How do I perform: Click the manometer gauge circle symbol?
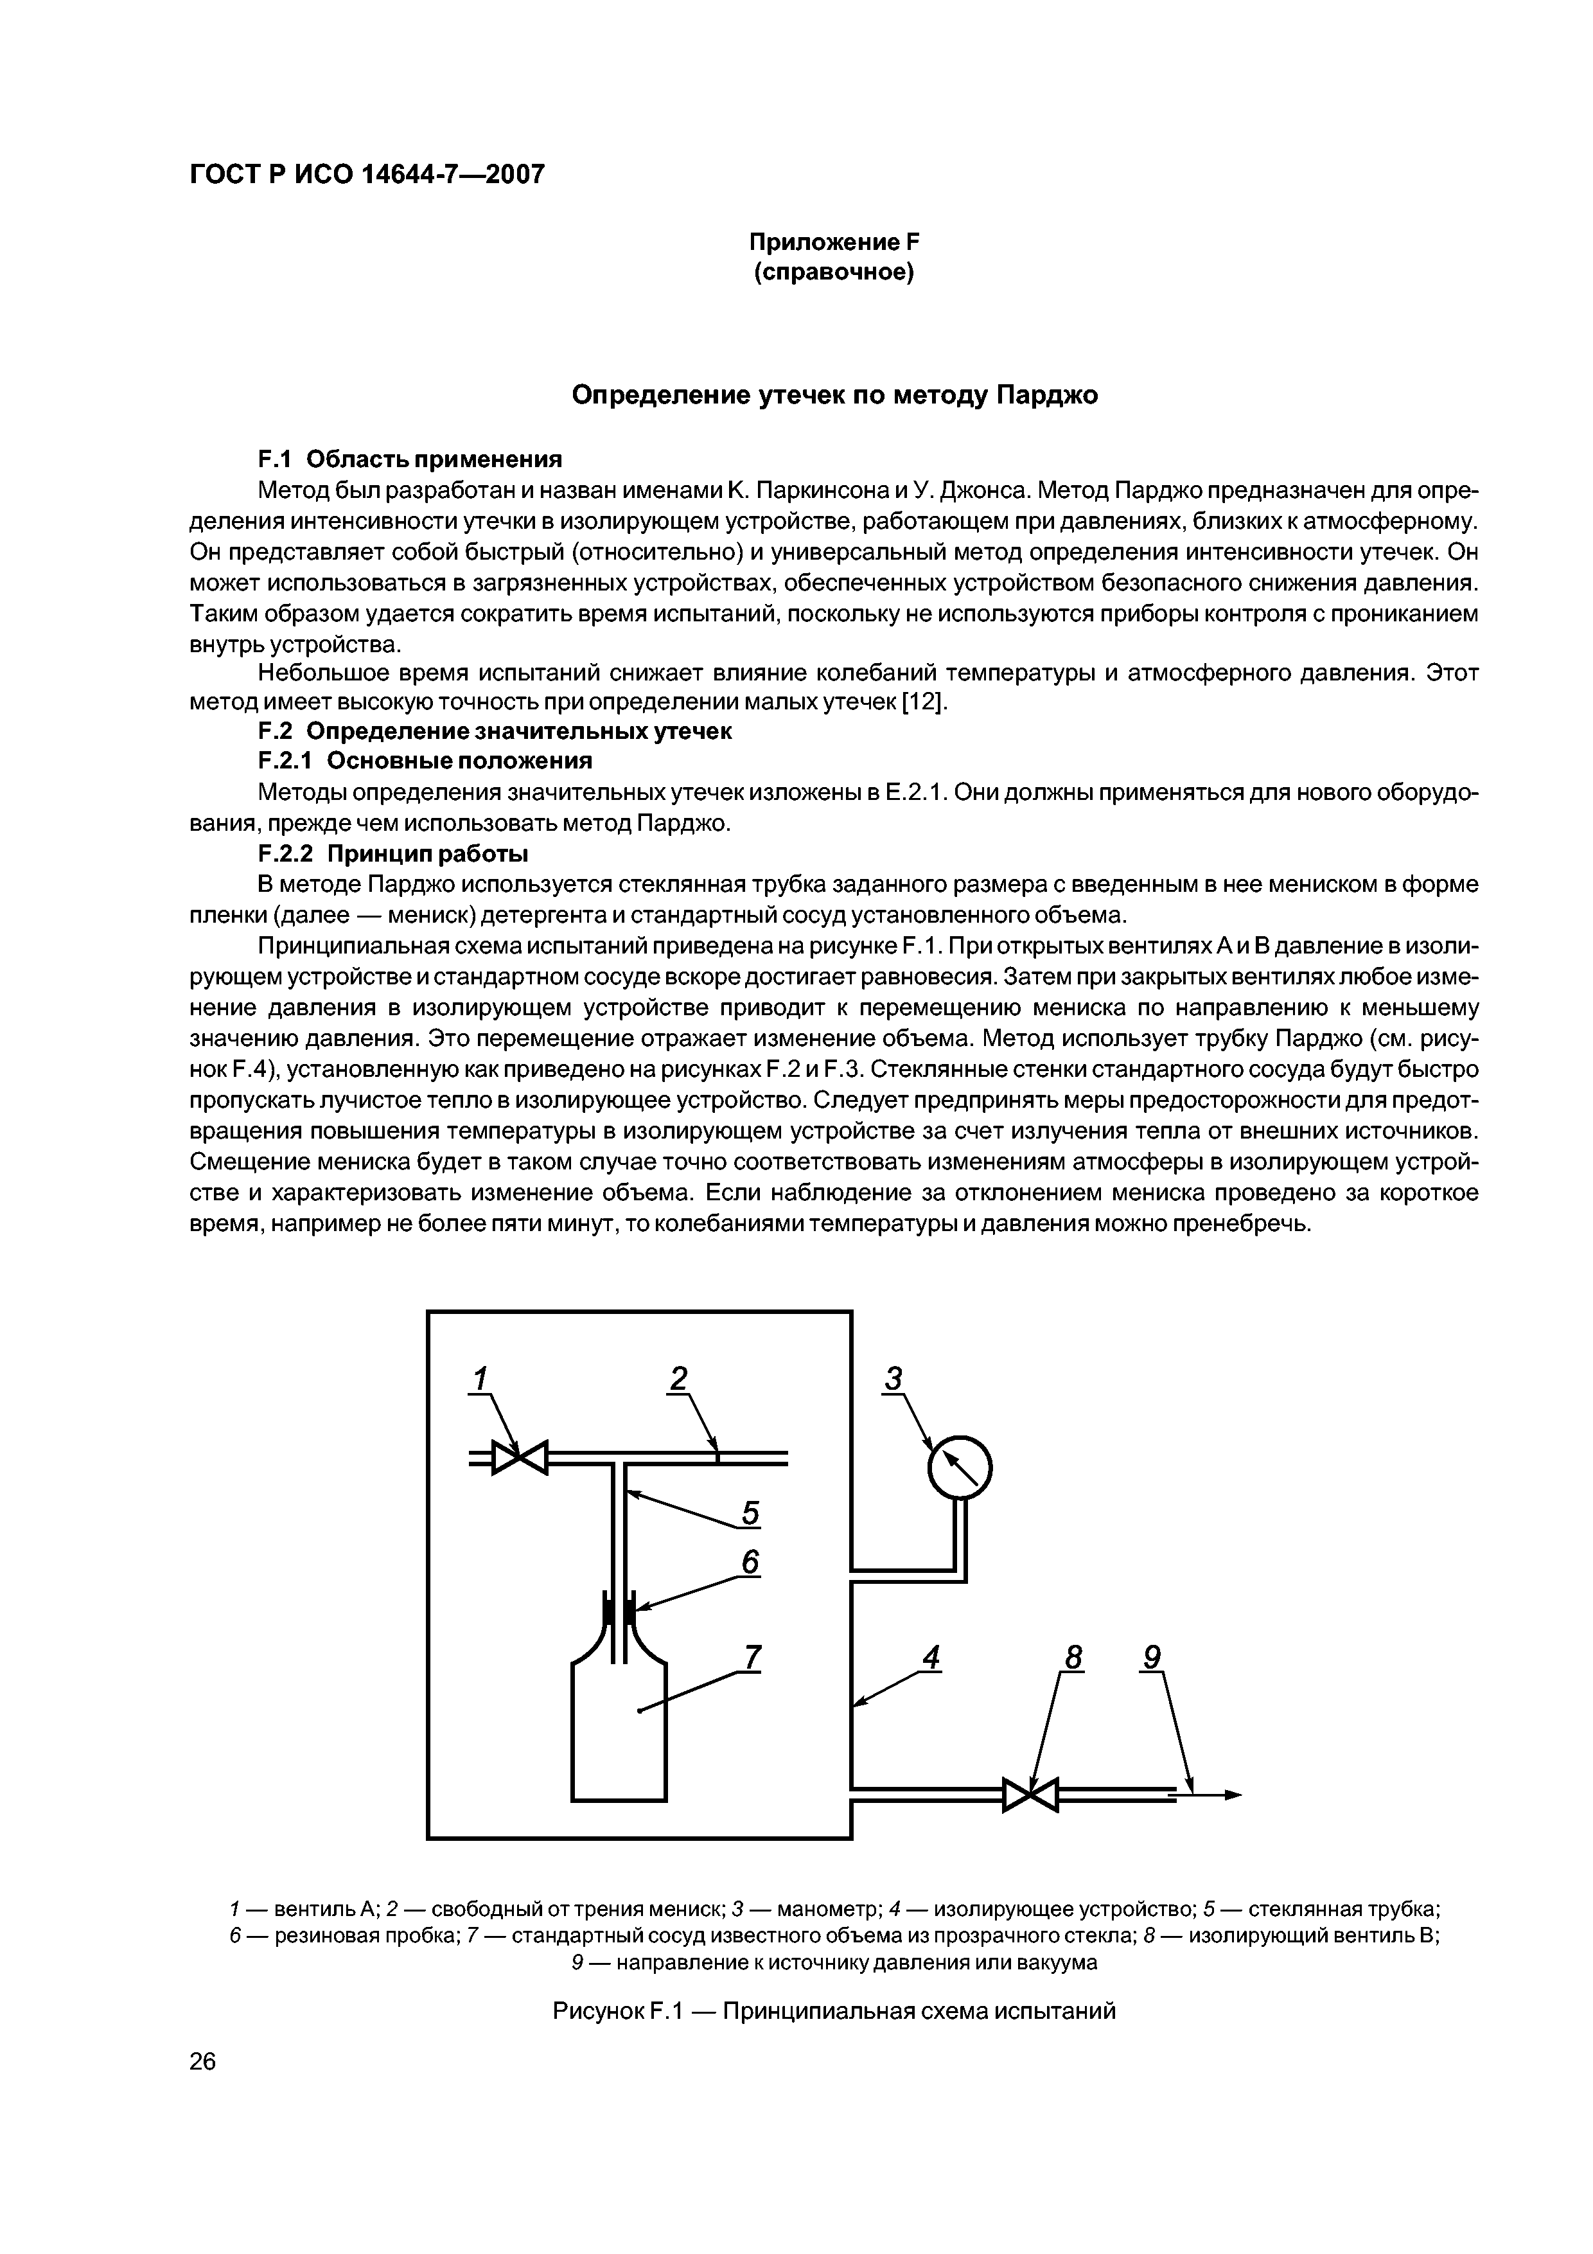(x=960, y=1468)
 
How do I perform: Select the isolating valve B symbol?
(x=1030, y=1795)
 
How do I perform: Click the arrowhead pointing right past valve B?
(x=1232, y=1795)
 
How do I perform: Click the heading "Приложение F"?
(x=833, y=242)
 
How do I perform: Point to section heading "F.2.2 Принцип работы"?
(x=392, y=852)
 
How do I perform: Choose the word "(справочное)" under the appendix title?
(x=833, y=272)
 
